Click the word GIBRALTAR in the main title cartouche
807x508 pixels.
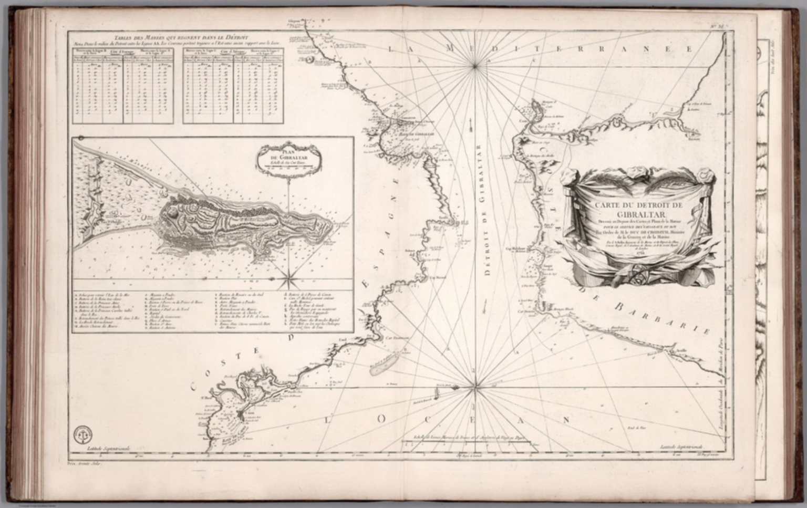pos(635,214)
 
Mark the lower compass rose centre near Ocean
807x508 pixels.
pos(475,388)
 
